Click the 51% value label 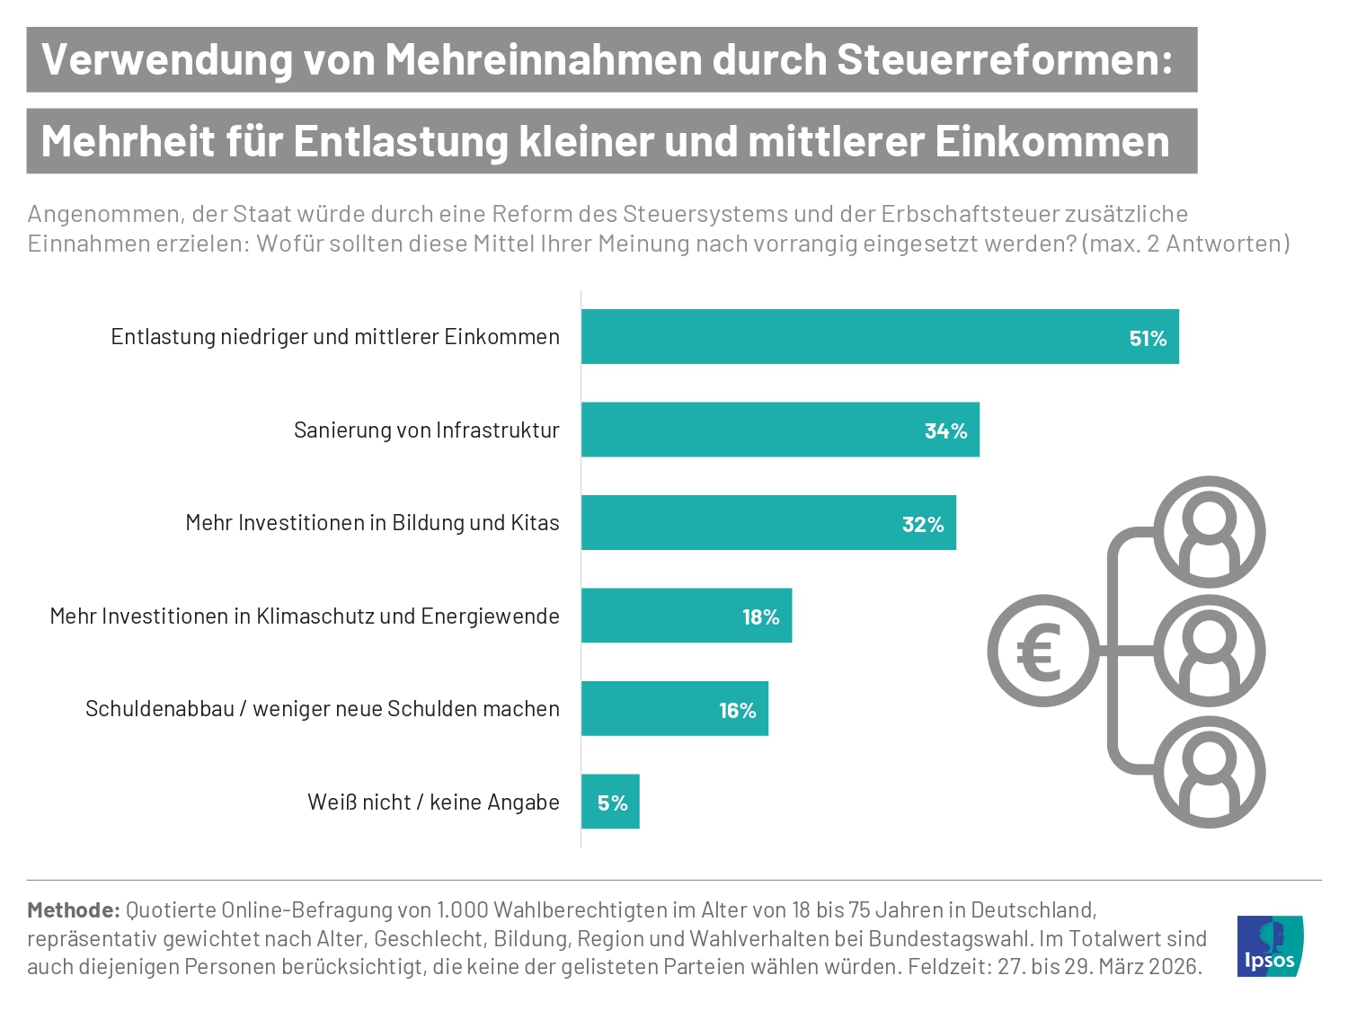coord(1148,339)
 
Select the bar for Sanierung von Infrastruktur coord(780,430)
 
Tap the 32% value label coord(923,525)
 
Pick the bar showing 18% coord(687,616)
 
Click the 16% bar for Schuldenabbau coord(674,709)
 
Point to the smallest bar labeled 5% coord(610,802)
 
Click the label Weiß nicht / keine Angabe coord(433,802)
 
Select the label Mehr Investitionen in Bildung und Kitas coord(372,523)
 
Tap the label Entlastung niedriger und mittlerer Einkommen coord(335,337)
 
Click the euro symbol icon coord(1042,651)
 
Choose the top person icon coord(1209,532)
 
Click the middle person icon coord(1209,651)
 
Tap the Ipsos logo coord(1269,946)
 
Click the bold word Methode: coord(74,909)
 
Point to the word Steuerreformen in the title coord(1004,60)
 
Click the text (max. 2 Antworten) coord(1186,244)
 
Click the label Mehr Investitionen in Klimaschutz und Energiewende coord(305,616)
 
